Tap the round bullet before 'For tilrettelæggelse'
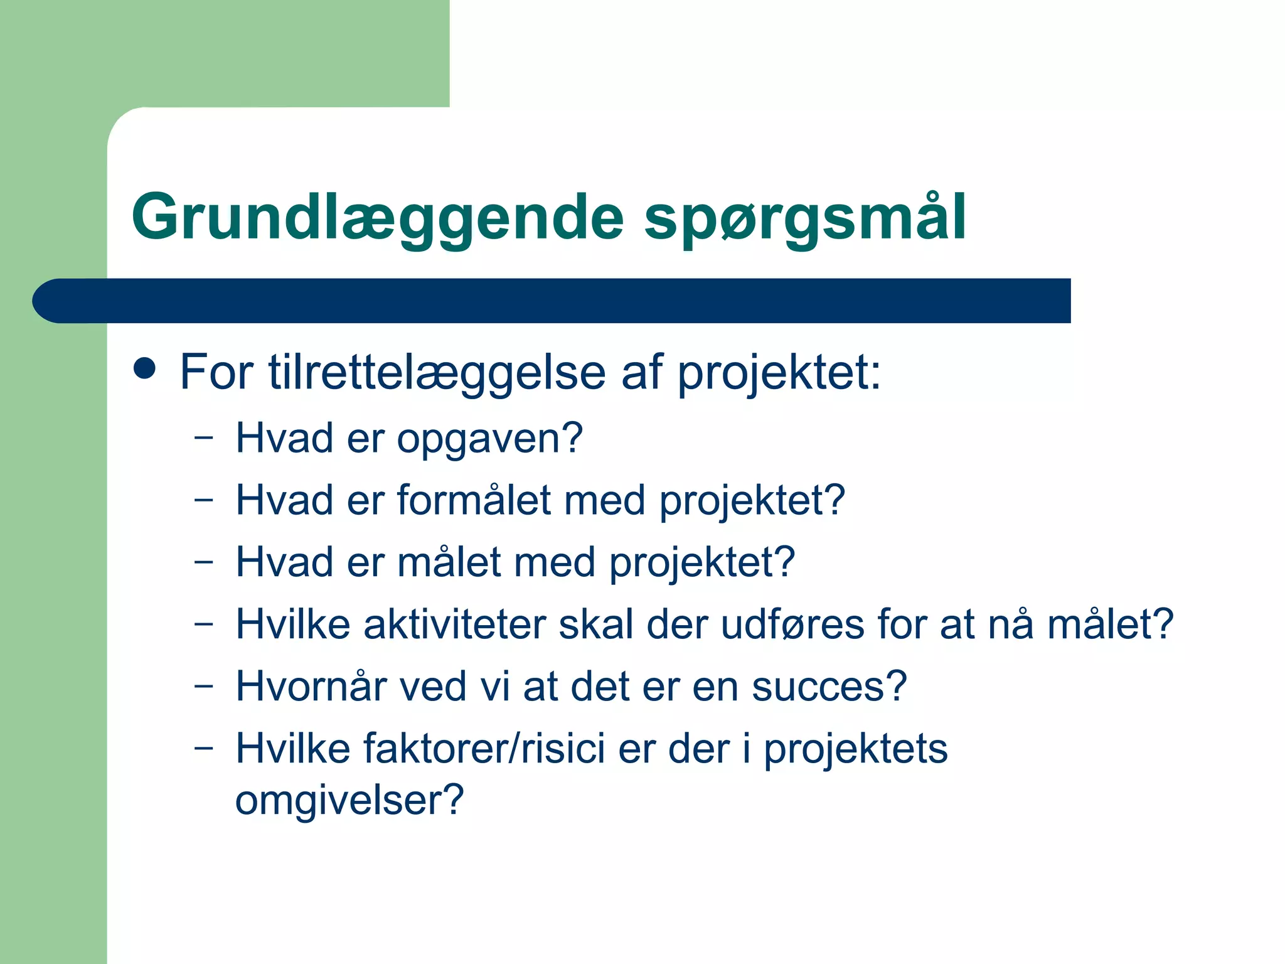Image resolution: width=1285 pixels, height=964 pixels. coord(145,368)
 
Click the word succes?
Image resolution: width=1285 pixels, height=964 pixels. coord(829,687)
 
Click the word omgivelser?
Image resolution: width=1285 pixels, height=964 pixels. coord(349,801)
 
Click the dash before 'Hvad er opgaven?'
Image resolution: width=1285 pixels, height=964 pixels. coord(203,438)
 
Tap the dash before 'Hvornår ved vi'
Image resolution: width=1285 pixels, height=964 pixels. coord(203,687)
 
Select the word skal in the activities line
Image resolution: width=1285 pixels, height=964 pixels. coord(595,625)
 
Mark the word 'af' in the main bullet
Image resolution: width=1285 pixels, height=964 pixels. coord(642,373)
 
